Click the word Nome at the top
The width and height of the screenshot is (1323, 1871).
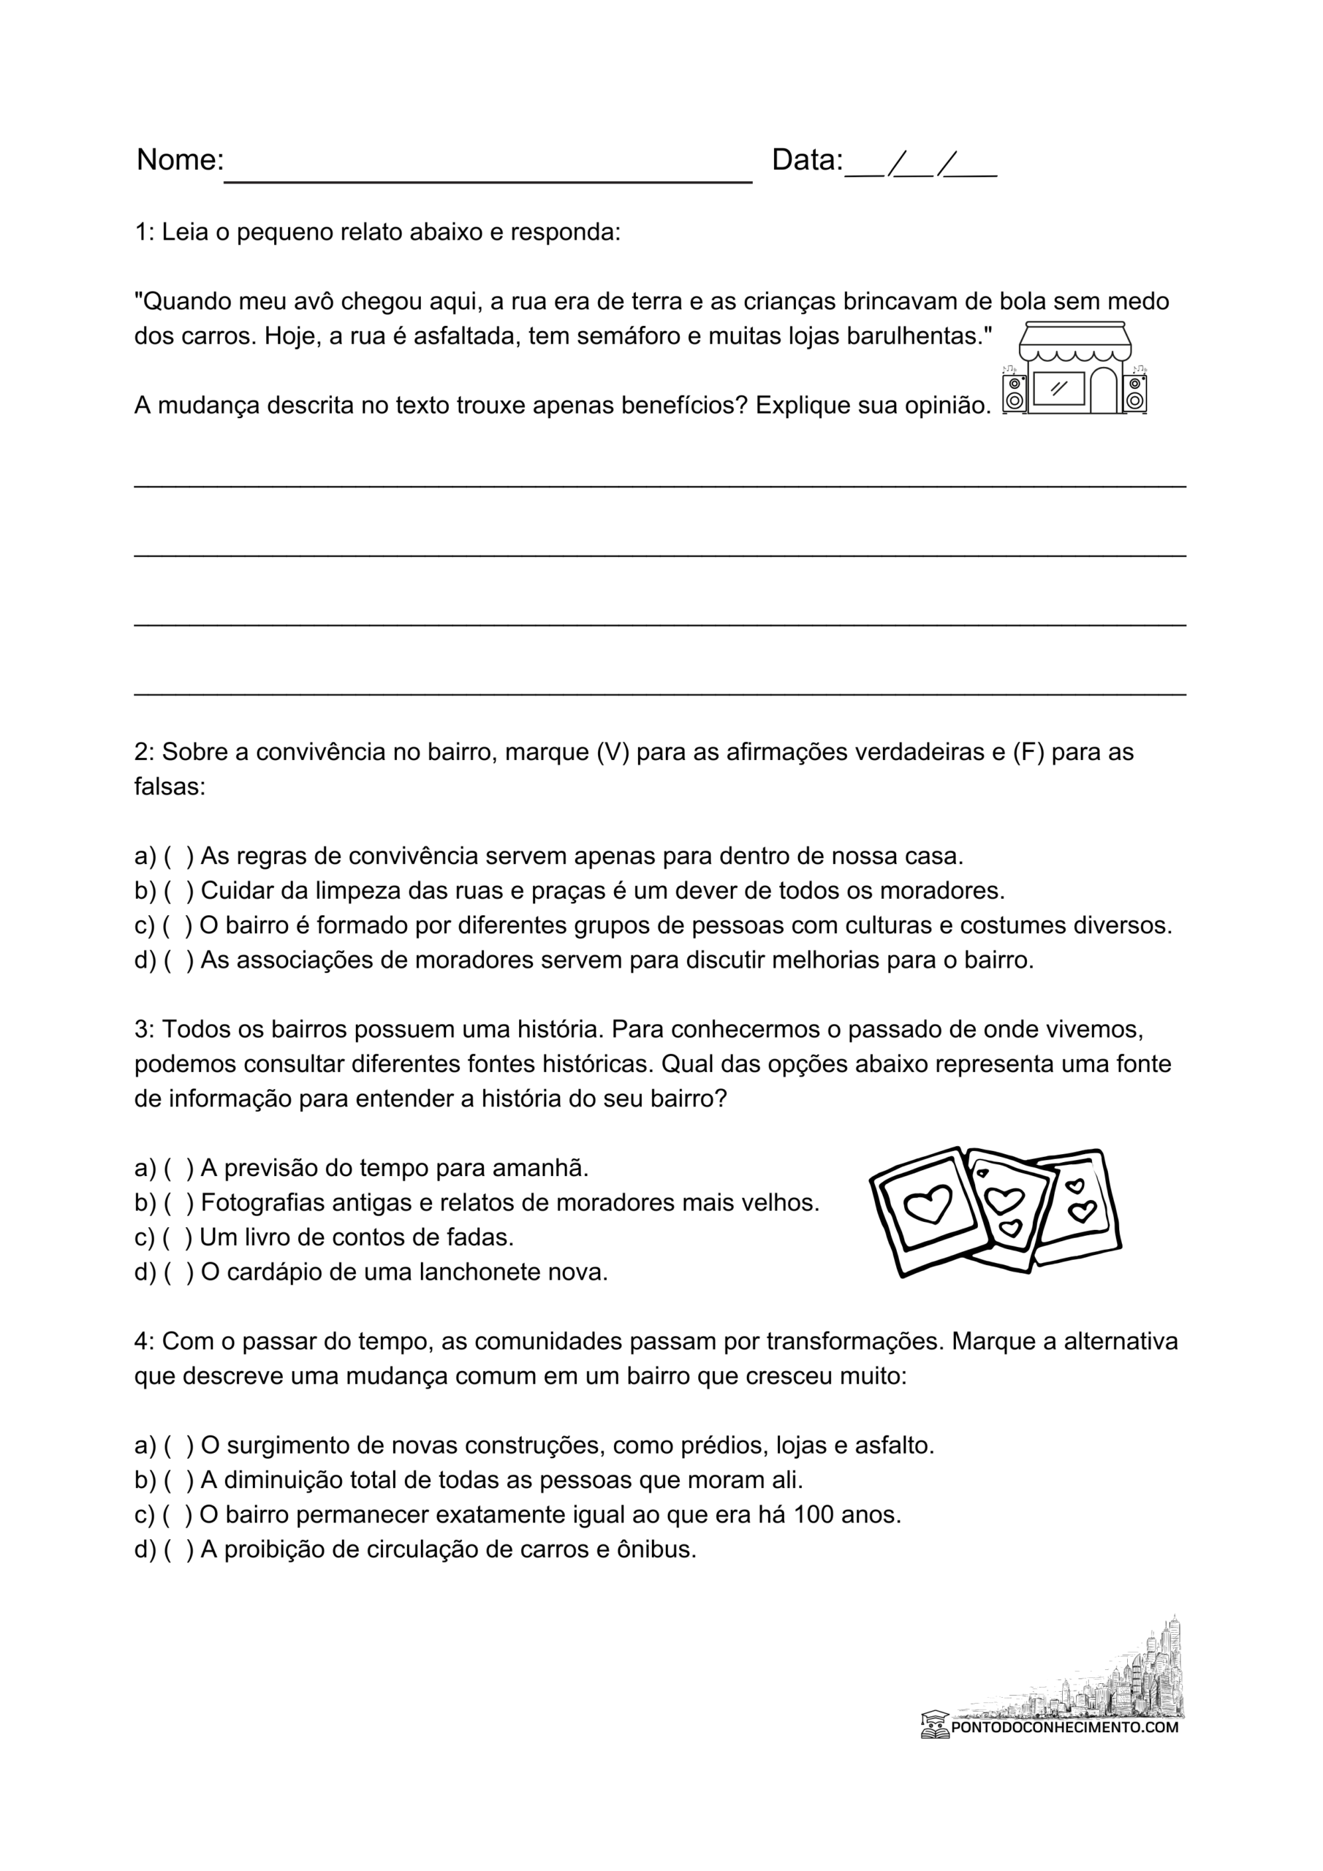tap(179, 160)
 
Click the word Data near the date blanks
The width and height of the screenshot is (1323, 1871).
tap(806, 160)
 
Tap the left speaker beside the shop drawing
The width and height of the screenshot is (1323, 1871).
tap(1014, 394)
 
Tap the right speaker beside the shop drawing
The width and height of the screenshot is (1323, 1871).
tap(1134, 394)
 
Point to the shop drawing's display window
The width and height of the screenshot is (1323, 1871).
tap(1058, 389)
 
